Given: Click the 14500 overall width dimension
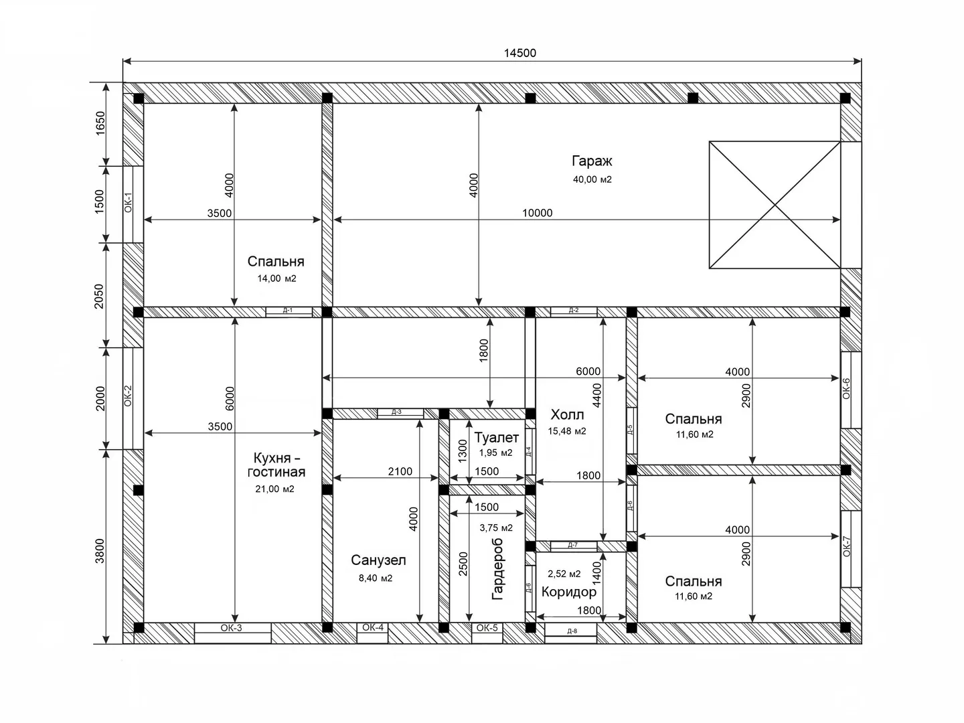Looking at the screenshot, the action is tap(520, 53).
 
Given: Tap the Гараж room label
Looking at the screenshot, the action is tap(592, 161).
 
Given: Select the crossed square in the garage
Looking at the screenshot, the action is tap(775, 205).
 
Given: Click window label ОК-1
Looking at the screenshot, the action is tap(129, 202).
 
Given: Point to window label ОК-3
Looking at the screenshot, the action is tap(231, 628).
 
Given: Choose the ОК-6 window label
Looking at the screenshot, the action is tap(846, 388).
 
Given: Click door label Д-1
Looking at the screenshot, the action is tap(288, 311).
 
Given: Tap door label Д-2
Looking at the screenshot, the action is tap(574, 311).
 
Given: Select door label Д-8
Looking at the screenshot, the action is tap(572, 631).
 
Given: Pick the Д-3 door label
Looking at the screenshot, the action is tap(396, 412).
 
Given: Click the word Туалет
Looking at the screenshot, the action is tap(496, 437).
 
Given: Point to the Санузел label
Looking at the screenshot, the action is tap(378, 560).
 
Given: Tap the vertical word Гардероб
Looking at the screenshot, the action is tap(497, 569).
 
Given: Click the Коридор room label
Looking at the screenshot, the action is tap(569, 592).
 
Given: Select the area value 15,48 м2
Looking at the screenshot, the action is tap(566, 431).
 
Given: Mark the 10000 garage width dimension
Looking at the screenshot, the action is tap(537, 213).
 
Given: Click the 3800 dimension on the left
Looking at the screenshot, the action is tap(100, 551).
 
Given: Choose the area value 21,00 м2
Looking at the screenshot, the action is tap(274, 489).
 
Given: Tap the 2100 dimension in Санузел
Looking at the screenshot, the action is tap(400, 471).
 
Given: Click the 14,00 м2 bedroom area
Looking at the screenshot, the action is tap(276, 278).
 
